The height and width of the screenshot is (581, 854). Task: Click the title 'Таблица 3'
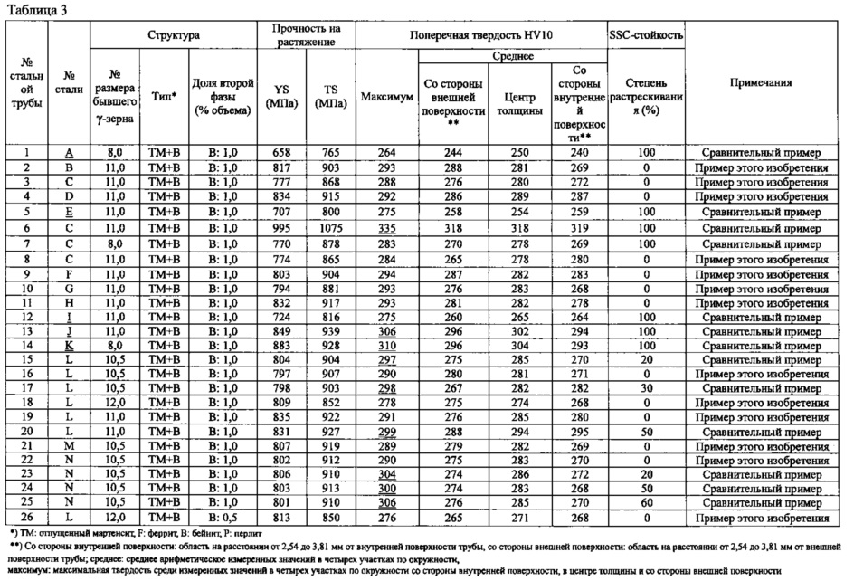click(x=33, y=9)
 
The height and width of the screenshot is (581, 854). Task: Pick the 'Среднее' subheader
click(x=510, y=56)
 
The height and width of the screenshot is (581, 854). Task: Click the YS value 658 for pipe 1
click(x=286, y=153)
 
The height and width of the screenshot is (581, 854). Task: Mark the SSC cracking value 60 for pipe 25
click(x=646, y=502)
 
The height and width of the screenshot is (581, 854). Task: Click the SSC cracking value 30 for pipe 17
click(x=646, y=387)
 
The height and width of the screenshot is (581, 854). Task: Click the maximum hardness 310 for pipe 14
click(x=387, y=345)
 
